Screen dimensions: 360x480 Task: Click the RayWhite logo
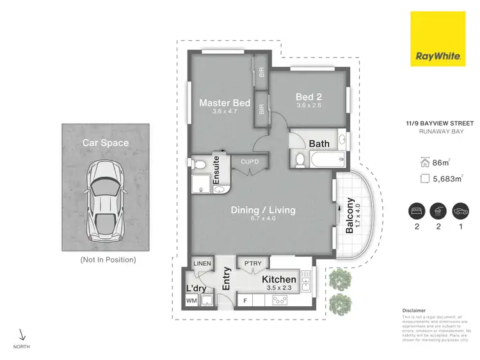point(438,39)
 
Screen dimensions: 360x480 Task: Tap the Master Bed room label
point(224,102)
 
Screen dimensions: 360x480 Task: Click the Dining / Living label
point(264,209)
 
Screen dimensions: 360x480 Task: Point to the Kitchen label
point(279,279)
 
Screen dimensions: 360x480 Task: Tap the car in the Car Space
point(105,197)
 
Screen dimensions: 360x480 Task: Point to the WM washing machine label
point(191,300)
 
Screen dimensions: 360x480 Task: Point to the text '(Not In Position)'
point(108,259)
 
